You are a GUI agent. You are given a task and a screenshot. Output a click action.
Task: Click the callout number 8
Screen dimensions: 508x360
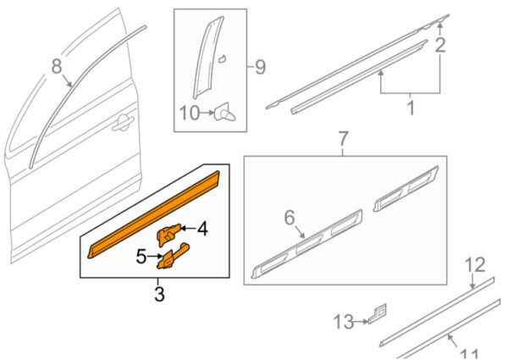tap(57, 67)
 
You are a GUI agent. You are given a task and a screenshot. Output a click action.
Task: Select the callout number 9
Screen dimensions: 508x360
tap(260, 68)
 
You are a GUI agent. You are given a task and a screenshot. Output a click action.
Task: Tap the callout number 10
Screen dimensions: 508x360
tap(189, 114)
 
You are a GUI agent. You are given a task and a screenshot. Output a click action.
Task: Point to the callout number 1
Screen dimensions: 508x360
tap(411, 108)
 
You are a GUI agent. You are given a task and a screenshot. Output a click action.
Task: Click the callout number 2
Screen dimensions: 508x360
tap(440, 45)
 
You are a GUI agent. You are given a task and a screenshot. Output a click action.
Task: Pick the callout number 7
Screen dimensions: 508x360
tap(343, 138)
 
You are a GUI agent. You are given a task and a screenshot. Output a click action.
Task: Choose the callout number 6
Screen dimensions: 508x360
tap(290, 218)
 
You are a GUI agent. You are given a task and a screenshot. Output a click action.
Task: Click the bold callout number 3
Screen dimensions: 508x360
tap(159, 294)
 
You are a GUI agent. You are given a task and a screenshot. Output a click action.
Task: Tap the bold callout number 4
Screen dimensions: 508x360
tap(202, 229)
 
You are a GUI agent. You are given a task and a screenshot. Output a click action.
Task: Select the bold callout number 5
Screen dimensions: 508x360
tap(141, 257)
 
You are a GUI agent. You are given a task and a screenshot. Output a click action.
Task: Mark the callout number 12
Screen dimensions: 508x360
tap(475, 265)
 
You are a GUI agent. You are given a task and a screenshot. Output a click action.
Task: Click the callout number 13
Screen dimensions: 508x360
tap(344, 322)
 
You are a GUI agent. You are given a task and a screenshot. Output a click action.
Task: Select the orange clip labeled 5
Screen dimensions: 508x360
tap(172, 256)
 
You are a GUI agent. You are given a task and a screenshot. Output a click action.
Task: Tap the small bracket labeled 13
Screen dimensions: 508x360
tap(378, 313)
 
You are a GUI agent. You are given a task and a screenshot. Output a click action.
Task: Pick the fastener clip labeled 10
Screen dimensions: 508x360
tap(225, 112)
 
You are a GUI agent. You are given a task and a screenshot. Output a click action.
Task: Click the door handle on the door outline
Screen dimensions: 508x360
tap(123, 123)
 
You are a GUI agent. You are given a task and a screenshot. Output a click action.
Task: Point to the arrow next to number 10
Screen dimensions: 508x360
tap(207, 114)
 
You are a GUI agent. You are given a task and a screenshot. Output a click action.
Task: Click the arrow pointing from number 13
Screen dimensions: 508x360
tap(362, 322)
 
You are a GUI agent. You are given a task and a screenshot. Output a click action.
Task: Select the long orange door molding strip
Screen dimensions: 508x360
tap(154, 215)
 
